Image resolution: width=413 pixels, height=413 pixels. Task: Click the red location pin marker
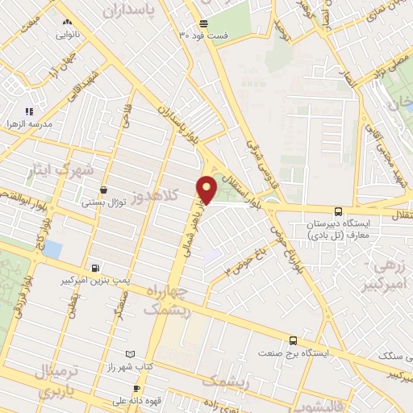pos(207,189)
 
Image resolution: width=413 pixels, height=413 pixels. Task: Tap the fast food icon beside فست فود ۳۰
pos(202,23)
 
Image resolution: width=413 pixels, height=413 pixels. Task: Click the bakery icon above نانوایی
pos(66,23)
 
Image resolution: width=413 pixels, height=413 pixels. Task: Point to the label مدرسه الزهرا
pos(29,123)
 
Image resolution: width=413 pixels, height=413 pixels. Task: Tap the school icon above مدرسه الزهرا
pos(29,111)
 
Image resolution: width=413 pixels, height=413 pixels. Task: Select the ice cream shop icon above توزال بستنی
pos(102,191)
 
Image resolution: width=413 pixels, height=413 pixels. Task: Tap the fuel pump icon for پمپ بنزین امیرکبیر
pos(98,268)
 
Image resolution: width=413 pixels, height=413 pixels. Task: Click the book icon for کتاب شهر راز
pos(130,354)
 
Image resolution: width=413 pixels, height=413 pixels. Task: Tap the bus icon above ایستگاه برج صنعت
pos(292,340)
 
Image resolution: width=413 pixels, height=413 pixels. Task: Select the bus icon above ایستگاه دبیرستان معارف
pos(339,209)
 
